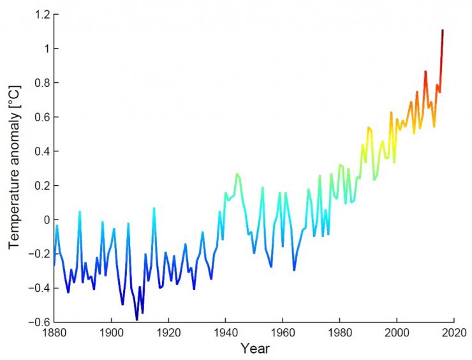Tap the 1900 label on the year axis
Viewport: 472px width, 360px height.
pyautogui.click(x=112, y=333)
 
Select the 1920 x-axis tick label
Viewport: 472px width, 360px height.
pyautogui.click(x=168, y=333)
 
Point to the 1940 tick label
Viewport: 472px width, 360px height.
pyautogui.click(x=226, y=333)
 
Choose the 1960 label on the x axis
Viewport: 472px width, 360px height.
pyautogui.click(x=283, y=333)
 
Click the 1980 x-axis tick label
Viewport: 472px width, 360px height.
pyautogui.click(x=339, y=333)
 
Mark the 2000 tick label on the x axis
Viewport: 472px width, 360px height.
pyautogui.click(x=397, y=333)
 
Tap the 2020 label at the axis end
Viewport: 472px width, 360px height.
pyautogui.click(x=454, y=333)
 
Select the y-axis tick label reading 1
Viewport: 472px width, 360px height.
pyautogui.click(x=45, y=49)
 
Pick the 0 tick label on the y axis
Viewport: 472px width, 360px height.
pyautogui.click(x=45, y=220)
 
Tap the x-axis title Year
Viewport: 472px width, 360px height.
pyautogui.click(x=254, y=349)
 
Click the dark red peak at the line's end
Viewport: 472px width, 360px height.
pyautogui.click(x=443, y=31)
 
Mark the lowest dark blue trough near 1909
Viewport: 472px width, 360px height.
pyautogui.click(x=136, y=319)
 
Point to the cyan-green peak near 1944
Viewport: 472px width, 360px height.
pyautogui.click(x=237, y=174)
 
